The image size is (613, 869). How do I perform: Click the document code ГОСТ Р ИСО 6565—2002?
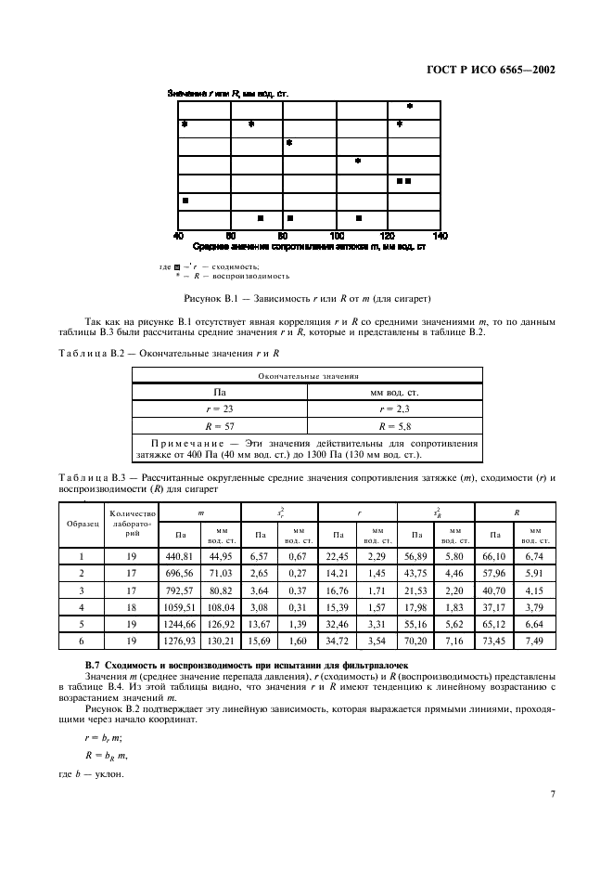coord(501,69)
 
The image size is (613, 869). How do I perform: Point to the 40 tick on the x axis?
coord(179,236)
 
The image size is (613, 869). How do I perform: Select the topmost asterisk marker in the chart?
coord(409,106)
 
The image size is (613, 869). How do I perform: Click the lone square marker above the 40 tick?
coord(185,201)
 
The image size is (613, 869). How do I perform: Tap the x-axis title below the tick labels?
coord(309,247)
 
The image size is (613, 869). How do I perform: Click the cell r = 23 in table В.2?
coord(219,408)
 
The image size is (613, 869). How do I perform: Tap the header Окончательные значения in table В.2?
coord(306,376)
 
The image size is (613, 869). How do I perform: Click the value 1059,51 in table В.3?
coord(179,606)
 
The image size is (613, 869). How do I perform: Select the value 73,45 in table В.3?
coord(496,640)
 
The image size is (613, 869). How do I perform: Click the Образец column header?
coord(82,524)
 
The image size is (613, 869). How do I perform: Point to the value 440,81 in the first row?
coord(179,556)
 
